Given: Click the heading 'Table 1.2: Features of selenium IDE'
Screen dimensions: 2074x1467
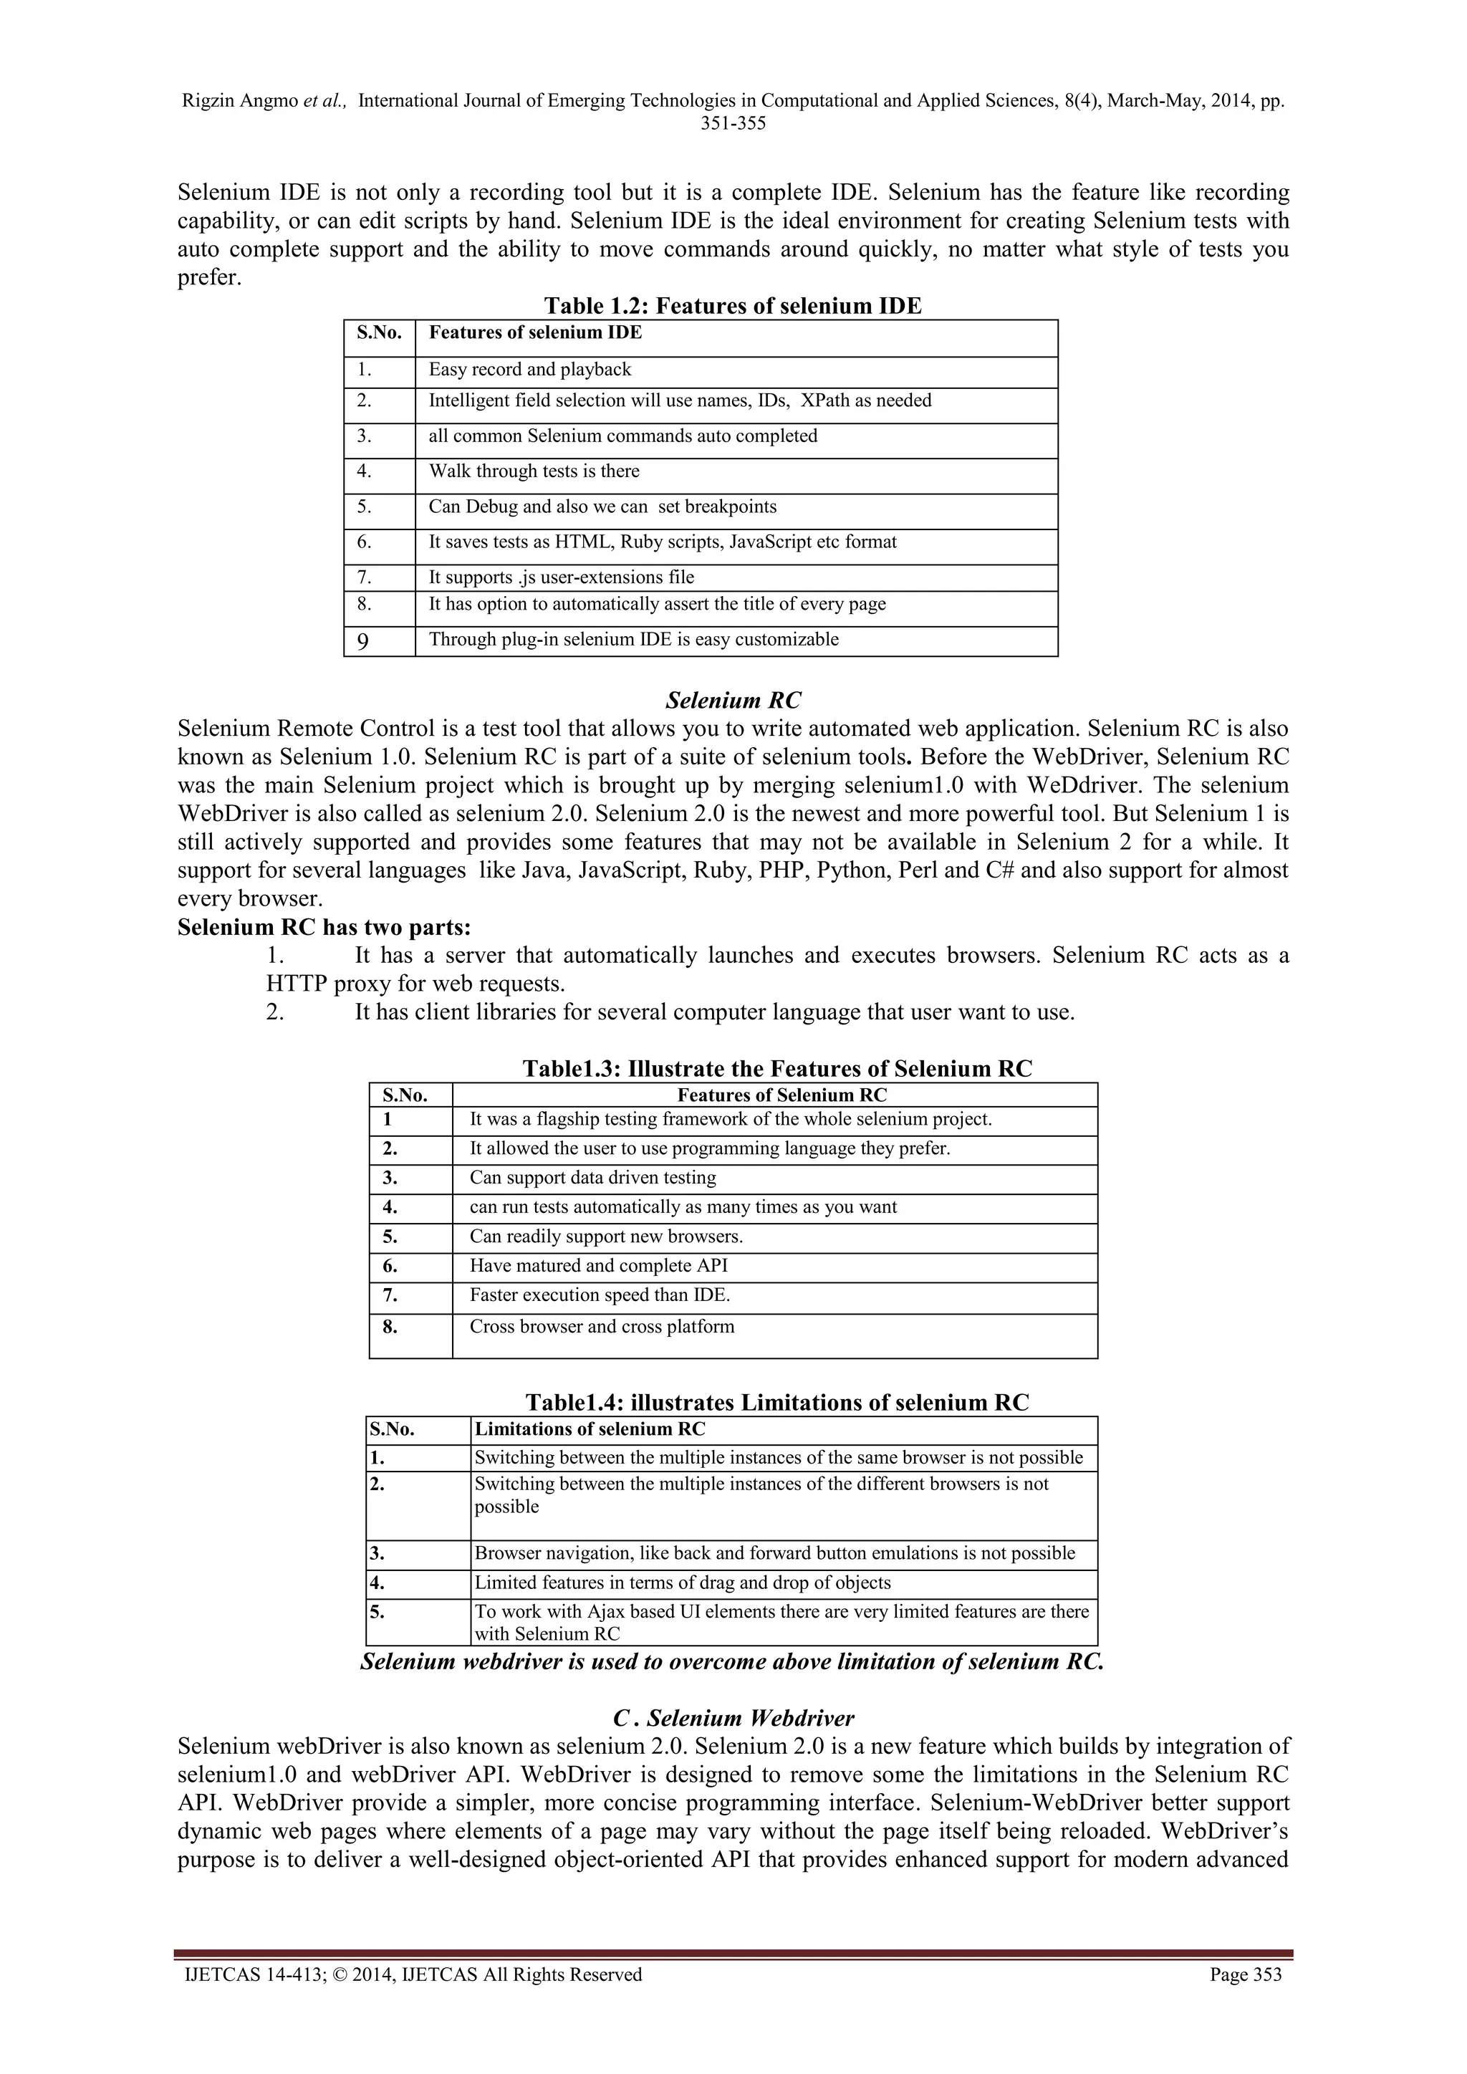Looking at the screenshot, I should click(x=733, y=306).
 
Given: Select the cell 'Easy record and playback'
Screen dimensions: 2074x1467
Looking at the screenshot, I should click(x=529, y=370).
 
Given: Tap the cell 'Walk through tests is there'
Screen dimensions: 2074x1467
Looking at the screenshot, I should click(x=534, y=471).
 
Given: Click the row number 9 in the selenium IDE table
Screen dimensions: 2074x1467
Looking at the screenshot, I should click(x=362, y=641).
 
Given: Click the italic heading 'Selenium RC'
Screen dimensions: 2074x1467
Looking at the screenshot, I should click(x=733, y=700).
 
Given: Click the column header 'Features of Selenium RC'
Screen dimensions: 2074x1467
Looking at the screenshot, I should click(x=781, y=1095).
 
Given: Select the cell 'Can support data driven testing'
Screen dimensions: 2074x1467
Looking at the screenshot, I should click(x=592, y=1178).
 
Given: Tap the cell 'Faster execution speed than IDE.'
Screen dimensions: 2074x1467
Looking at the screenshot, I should click(x=600, y=1295).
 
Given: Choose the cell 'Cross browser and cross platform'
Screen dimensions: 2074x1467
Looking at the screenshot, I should click(x=602, y=1327).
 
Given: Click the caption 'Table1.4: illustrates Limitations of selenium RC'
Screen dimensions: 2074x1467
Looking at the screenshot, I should click(x=777, y=1403).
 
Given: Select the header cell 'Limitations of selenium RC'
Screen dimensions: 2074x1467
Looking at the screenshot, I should click(x=590, y=1429).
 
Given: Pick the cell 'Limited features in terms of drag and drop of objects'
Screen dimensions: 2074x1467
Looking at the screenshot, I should click(x=682, y=1583).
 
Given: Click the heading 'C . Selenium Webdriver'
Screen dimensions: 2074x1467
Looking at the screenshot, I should click(x=733, y=1718).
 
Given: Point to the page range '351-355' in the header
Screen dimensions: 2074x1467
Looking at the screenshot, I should click(x=733, y=124).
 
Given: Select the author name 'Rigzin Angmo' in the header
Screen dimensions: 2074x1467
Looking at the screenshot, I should click(x=239, y=101).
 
